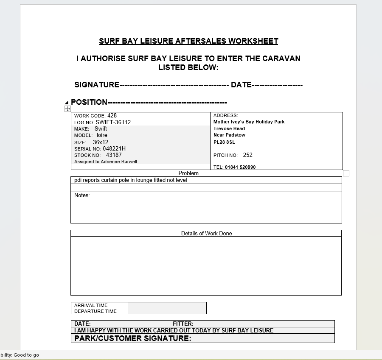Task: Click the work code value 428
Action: pyautogui.click(x=112, y=115)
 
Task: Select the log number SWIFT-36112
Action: pyautogui.click(x=113, y=122)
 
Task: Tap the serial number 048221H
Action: pyautogui.click(x=114, y=149)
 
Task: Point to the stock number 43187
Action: pyautogui.click(x=114, y=155)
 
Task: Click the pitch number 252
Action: pyautogui.click(x=248, y=155)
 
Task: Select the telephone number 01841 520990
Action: pyautogui.click(x=240, y=167)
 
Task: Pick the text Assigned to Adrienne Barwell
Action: pyautogui.click(x=106, y=162)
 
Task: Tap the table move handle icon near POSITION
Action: pyautogui.click(x=67, y=109)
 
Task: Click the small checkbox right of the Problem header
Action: pyautogui.click(x=346, y=173)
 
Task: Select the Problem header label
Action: pyautogui.click(x=188, y=173)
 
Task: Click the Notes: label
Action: pyautogui.click(x=82, y=195)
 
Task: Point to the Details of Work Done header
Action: pyautogui.click(x=206, y=233)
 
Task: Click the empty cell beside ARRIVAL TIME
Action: pyautogui.click(x=167, y=305)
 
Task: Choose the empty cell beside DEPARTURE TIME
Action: pyautogui.click(x=167, y=311)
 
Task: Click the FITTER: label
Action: pyautogui.click(x=183, y=324)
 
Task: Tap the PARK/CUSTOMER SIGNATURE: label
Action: pyautogui.click(x=132, y=338)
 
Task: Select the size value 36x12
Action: pyautogui.click(x=101, y=142)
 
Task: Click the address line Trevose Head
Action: pyautogui.click(x=229, y=128)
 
